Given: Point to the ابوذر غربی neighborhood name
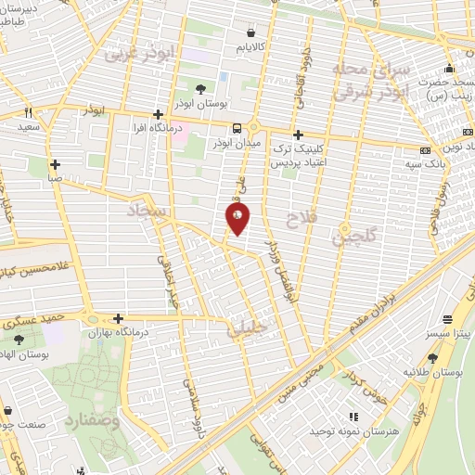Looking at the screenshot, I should [x=140, y=53].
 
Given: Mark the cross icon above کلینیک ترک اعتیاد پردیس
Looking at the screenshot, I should [x=297, y=135].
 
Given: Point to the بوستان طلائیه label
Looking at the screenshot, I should [x=434, y=373].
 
